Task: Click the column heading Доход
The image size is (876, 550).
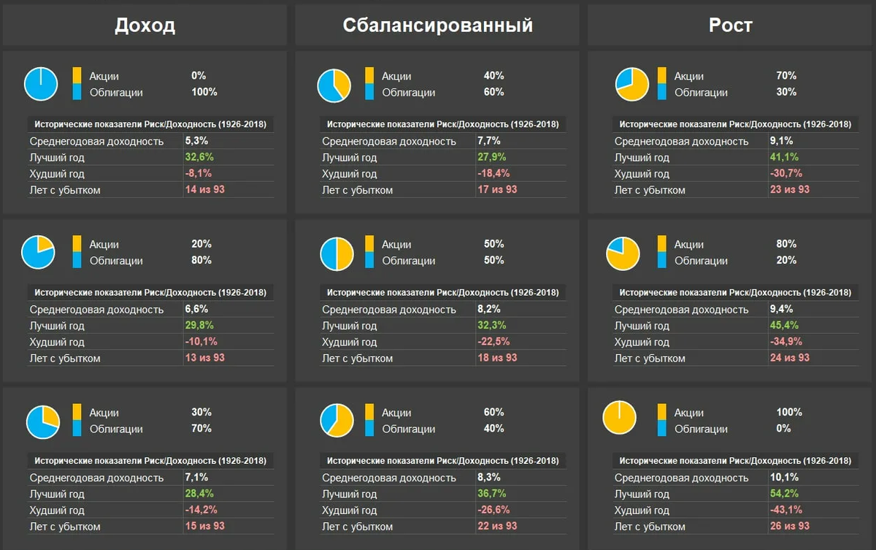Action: pos(145,26)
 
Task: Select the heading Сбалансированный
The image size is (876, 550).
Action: pos(437,26)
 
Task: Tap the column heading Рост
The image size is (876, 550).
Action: pos(730,26)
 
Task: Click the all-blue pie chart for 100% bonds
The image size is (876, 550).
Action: pos(41,84)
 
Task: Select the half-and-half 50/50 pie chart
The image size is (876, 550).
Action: pos(337,253)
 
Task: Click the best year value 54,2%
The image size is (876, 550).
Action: pos(784,494)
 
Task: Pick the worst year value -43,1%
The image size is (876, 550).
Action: pos(785,510)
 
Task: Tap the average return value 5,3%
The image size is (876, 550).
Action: pos(196,141)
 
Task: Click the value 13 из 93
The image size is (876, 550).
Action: pos(204,358)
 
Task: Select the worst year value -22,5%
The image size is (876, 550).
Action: pos(493,342)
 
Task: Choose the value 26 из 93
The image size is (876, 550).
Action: pos(789,526)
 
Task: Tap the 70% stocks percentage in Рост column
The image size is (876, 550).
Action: pos(786,75)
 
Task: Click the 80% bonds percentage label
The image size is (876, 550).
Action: pos(201,260)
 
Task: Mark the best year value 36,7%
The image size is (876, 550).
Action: pos(491,494)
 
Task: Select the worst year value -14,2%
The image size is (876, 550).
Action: pos(201,510)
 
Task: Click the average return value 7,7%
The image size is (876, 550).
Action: pos(488,141)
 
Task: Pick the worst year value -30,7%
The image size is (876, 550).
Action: pos(785,173)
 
